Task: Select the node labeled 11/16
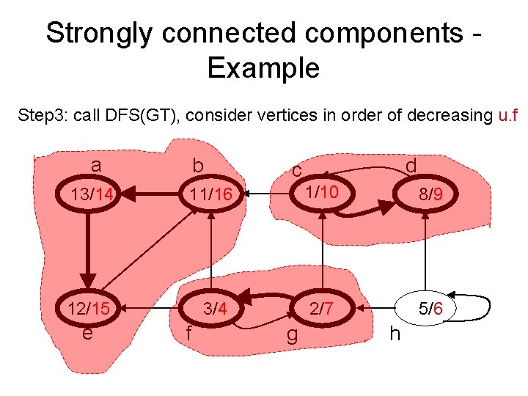click(210, 194)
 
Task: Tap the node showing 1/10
click(322, 192)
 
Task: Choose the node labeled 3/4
click(214, 309)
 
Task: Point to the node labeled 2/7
click(322, 309)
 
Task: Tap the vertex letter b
click(197, 167)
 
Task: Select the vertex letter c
click(296, 170)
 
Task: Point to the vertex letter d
click(411, 166)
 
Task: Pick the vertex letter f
click(189, 334)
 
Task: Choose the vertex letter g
click(292, 337)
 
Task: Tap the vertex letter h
click(395, 334)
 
